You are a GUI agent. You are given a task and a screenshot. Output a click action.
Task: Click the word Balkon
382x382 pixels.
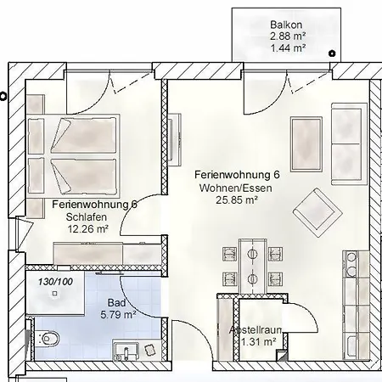pos(286,25)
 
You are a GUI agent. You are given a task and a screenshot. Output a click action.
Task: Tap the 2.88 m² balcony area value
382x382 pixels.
pos(286,37)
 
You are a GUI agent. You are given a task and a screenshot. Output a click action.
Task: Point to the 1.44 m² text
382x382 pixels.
pos(286,49)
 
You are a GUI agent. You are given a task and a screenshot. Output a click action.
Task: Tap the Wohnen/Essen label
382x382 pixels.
pos(235,188)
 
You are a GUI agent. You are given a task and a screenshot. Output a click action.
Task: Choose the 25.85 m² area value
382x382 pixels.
pos(235,200)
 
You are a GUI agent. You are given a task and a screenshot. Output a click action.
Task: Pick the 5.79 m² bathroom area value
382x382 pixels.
pos(119,314)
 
